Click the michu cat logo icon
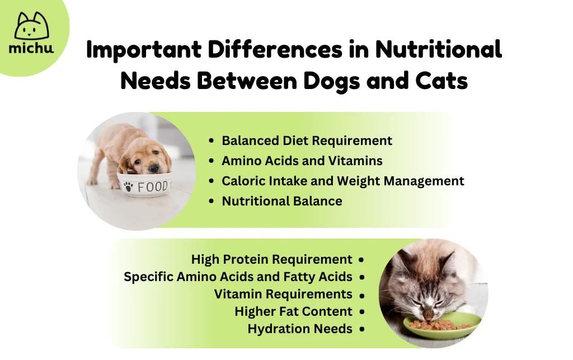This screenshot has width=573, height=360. click(31, 26)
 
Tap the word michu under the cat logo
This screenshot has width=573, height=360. click(31, 48)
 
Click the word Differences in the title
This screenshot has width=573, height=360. click(275, 49)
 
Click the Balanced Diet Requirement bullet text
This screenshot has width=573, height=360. click(307, 141)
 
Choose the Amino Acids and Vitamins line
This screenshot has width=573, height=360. click(302, 161)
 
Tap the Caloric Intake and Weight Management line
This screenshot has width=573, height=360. click(343, 181)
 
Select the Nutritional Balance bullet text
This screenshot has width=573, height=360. click(282, 201)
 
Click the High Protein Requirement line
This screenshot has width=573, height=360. click(271, 259)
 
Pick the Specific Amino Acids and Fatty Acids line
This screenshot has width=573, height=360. click(238, 277)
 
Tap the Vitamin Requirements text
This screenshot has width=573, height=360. click(283, 294)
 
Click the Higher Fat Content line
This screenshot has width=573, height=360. click(293, 311)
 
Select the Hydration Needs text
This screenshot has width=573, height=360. click(300, 329)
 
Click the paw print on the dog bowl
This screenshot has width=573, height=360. click(128, 187)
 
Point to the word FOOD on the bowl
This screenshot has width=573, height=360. click(152, 187)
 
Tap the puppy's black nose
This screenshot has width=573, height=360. click(154, 168)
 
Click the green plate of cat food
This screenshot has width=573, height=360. click(442, 325)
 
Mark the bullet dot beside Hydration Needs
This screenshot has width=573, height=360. click(362, 329)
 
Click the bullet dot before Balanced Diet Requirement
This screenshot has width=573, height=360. click(211, 141)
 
